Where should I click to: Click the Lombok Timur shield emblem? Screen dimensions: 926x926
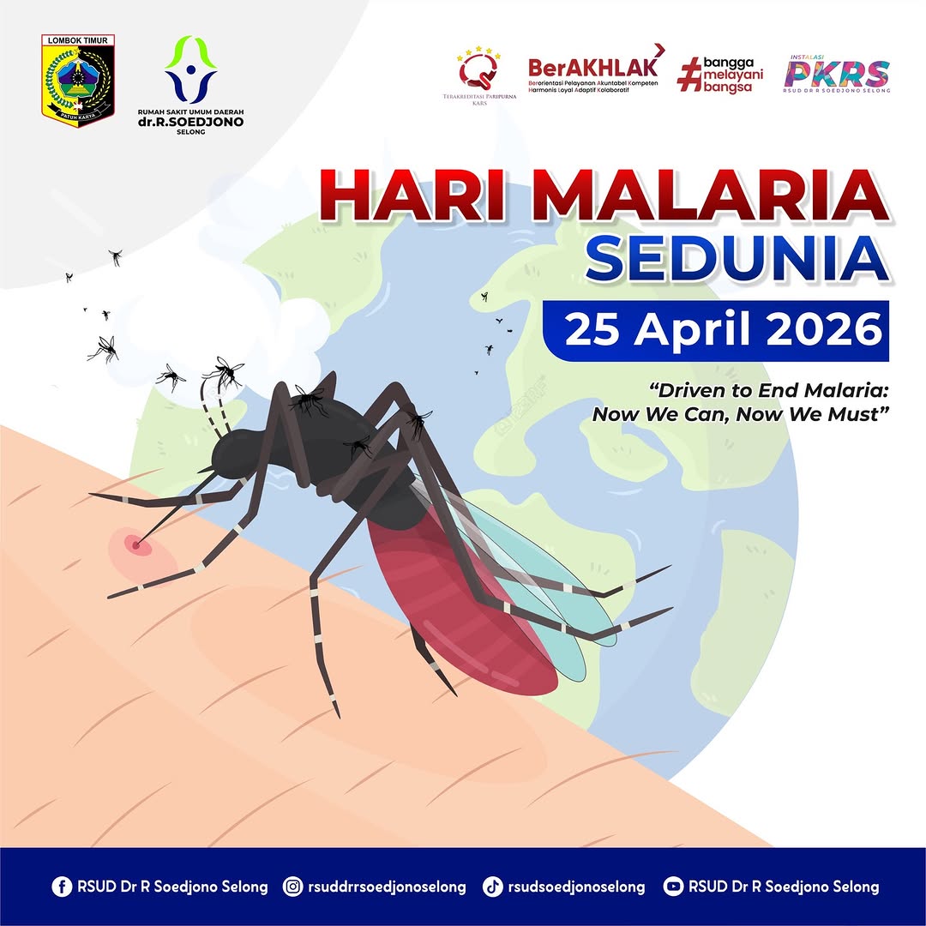pyautogui.click(x=78, y=81)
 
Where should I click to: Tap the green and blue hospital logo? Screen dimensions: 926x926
pyautogui.click(x=191, y=68)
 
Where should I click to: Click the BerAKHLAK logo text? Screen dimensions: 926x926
pyautogui.click(x=592, y=68)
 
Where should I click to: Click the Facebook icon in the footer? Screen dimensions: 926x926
pyautogui.click(x=61, y=887)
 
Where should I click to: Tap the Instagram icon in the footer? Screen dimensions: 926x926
pyautogui.click(x=293, y=887)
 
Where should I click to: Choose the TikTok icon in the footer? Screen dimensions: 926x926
pyautogui.click(x=492, y=887)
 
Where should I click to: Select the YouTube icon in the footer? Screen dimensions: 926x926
pyautogui.click(x=674, y=887)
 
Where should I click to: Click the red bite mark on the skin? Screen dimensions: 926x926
pyautogui.click(x=133, y=543)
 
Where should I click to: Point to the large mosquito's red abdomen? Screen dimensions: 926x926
pyautogui.click(x=454, y=600)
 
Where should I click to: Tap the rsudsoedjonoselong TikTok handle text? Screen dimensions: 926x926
pyautogui.click(x=576, y=887)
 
